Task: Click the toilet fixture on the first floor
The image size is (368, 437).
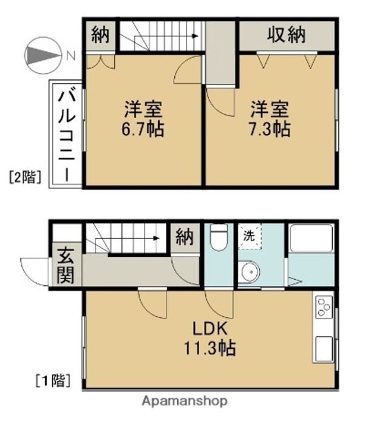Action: (219, 237)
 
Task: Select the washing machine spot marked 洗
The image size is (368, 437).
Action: (250, 236)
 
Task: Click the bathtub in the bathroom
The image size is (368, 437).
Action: (312, 239)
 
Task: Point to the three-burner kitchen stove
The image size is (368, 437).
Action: (324, 307)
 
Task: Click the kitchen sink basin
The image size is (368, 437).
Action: (324, 349)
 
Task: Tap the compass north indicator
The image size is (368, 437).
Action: (43, 55)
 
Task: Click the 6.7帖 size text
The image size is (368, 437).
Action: (143, 129)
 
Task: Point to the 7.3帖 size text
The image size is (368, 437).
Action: (269, 129)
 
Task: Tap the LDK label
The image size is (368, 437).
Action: (210, 329)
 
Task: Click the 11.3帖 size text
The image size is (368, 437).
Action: (210, 348)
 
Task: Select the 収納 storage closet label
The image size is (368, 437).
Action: (286, 35)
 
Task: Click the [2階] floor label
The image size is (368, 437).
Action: (25, 177)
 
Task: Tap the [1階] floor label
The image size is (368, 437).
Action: (53, 381)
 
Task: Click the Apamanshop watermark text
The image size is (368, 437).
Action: (185, 401)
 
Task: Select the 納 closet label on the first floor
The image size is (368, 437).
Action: (185, 238)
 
